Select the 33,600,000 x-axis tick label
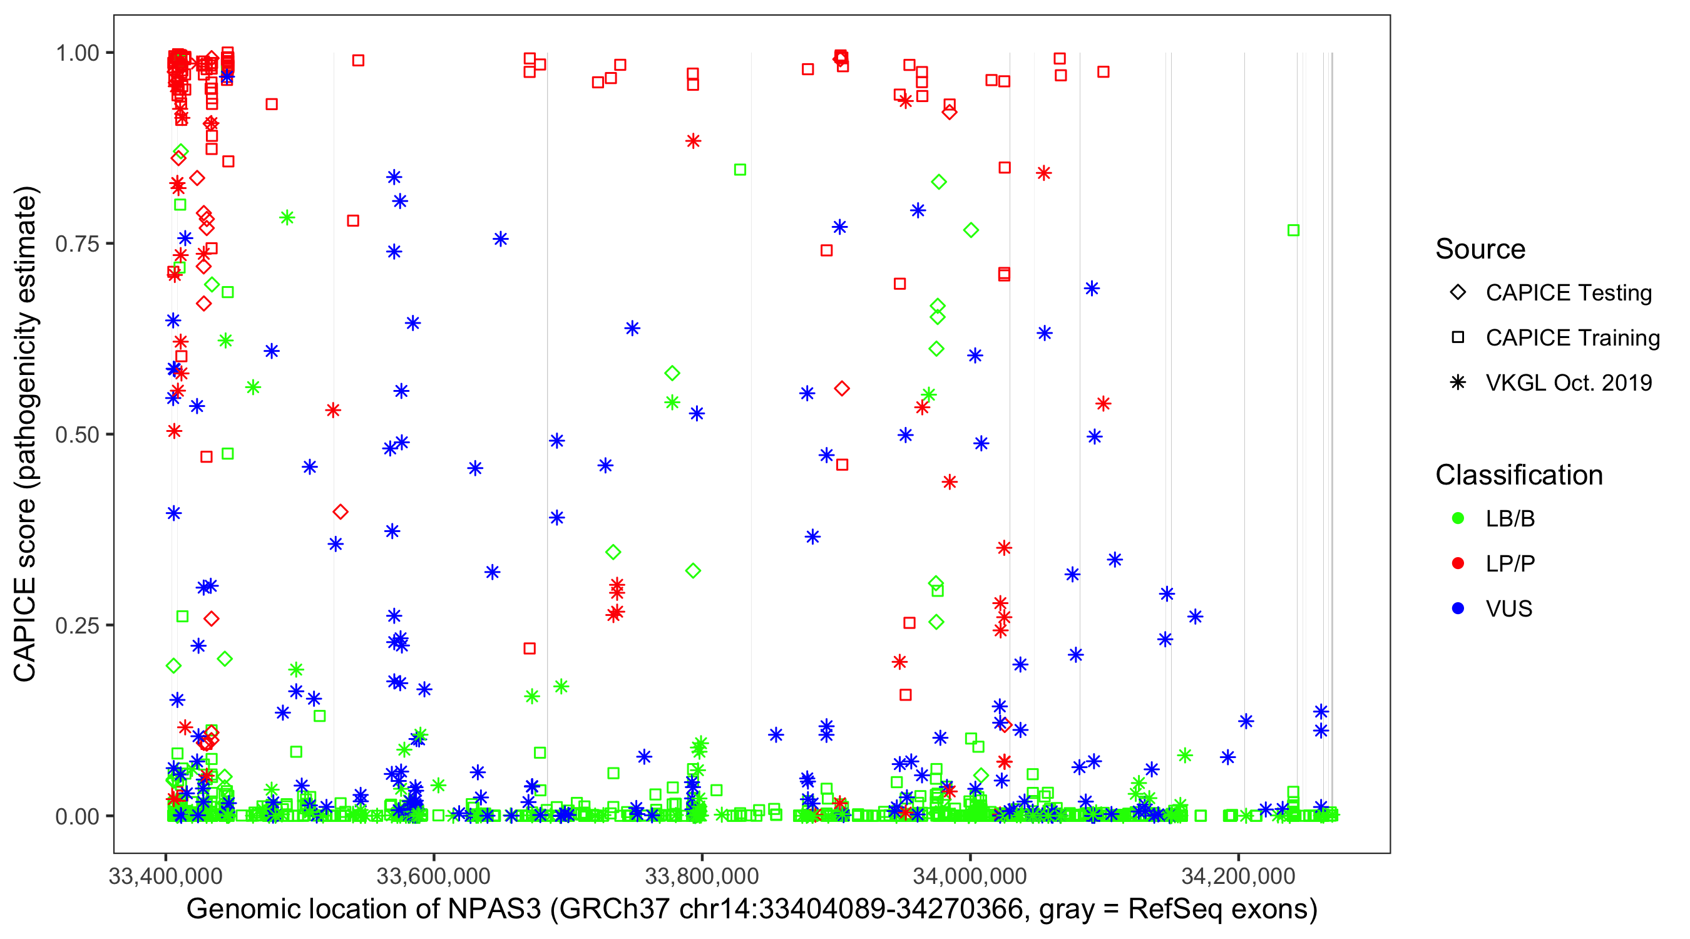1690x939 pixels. tap(433, 876)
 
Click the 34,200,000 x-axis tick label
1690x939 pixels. tap(1238, 876)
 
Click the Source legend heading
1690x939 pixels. tap(1480, 249)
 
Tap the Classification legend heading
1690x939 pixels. tap(1518, 475)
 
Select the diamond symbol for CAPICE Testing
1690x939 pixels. tap(1458, 293)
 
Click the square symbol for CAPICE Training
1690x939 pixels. tap(1458, 338)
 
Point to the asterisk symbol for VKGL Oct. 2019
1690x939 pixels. tap(1458, 382)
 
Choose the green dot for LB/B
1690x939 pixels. tap(1458, 518)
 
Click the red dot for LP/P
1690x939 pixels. tap(1458, 563)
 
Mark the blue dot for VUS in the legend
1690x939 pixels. tap(1458, 609)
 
